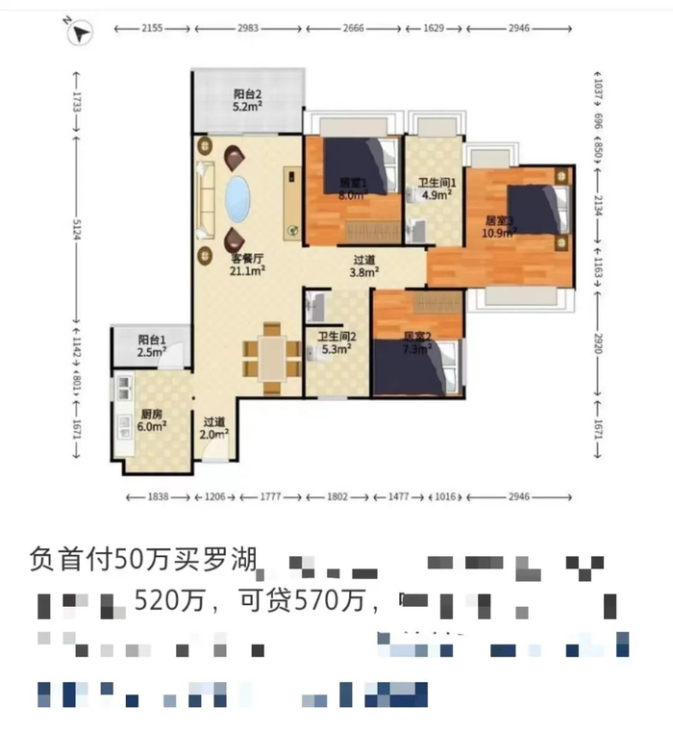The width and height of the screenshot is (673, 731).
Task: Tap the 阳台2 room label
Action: click(x=248, y=100)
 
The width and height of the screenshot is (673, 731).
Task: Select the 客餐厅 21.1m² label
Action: click(x=247, y=265)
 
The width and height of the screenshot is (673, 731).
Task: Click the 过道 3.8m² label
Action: click(x=363, y=265)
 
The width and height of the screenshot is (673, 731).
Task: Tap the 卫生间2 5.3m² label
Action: click(x=337, y=341)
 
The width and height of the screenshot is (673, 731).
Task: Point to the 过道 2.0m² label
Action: click(x=213, y=427)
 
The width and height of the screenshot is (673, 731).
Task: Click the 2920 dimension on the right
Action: click(x=597, y=345)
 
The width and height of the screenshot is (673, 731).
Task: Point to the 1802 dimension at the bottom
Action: click(x=337, y=496)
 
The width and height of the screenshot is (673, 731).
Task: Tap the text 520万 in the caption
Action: click(x=168, y=602)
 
